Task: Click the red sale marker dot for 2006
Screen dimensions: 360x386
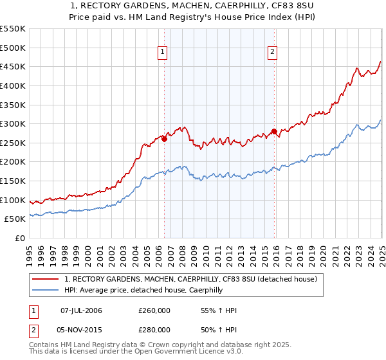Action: pyautogui.click(x=164, y=138)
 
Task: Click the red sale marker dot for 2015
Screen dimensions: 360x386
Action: pyautogui.click(x=274, y=131)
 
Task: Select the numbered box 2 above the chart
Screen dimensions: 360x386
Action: pyautogui.click(x=272, y=53)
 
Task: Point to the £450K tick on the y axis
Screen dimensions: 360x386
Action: pyautogui.click(x=14, y=66)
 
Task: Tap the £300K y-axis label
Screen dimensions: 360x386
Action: pyautogui.click(x=14, y=123)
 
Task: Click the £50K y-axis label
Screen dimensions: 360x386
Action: pyautogui.click(x=16, y=219)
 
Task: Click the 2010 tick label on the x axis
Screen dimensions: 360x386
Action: pyautogui.click(x=206, y=250)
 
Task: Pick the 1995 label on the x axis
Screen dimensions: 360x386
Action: pyautogui.click(x=30, y=250)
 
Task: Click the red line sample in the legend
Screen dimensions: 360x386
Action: pyautogui.click(x=46, y=280)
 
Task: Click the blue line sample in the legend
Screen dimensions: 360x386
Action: pyautogui.click(x=46, y=291)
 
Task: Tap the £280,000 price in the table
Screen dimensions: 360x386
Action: pyautogui.click(x=154, y=329)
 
